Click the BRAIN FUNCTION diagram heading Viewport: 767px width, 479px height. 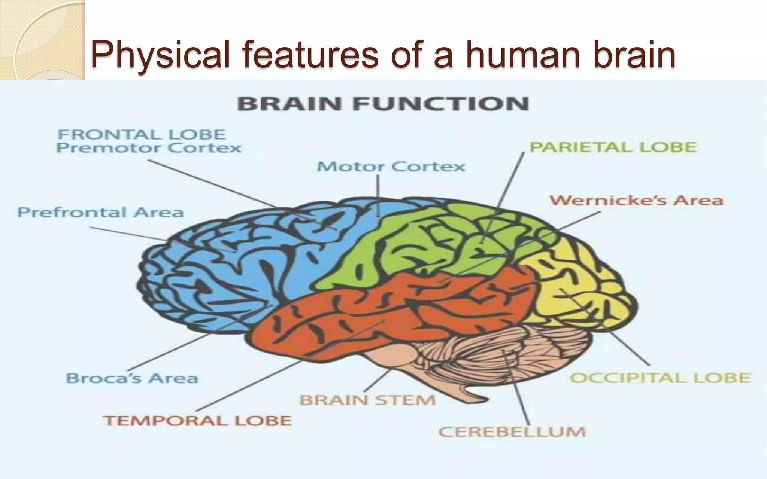tap(383, 104)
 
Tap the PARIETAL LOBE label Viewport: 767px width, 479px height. tap(613, 147)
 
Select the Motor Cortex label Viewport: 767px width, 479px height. tap(391, 167)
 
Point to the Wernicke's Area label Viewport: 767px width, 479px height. tap(636, 201)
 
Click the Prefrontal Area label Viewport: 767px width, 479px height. tap(100, 213)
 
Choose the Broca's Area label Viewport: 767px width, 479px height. tap(132, 378)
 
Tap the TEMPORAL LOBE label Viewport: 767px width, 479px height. tap(197, 421)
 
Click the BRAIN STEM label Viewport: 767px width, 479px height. tap(368, 400)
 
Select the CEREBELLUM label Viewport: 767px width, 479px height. tap(512, 432)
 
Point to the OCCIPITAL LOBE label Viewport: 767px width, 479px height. tap(660, 378)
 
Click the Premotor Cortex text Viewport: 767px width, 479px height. tap(149, 148)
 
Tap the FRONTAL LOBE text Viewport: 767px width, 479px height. tap(142, 134)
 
